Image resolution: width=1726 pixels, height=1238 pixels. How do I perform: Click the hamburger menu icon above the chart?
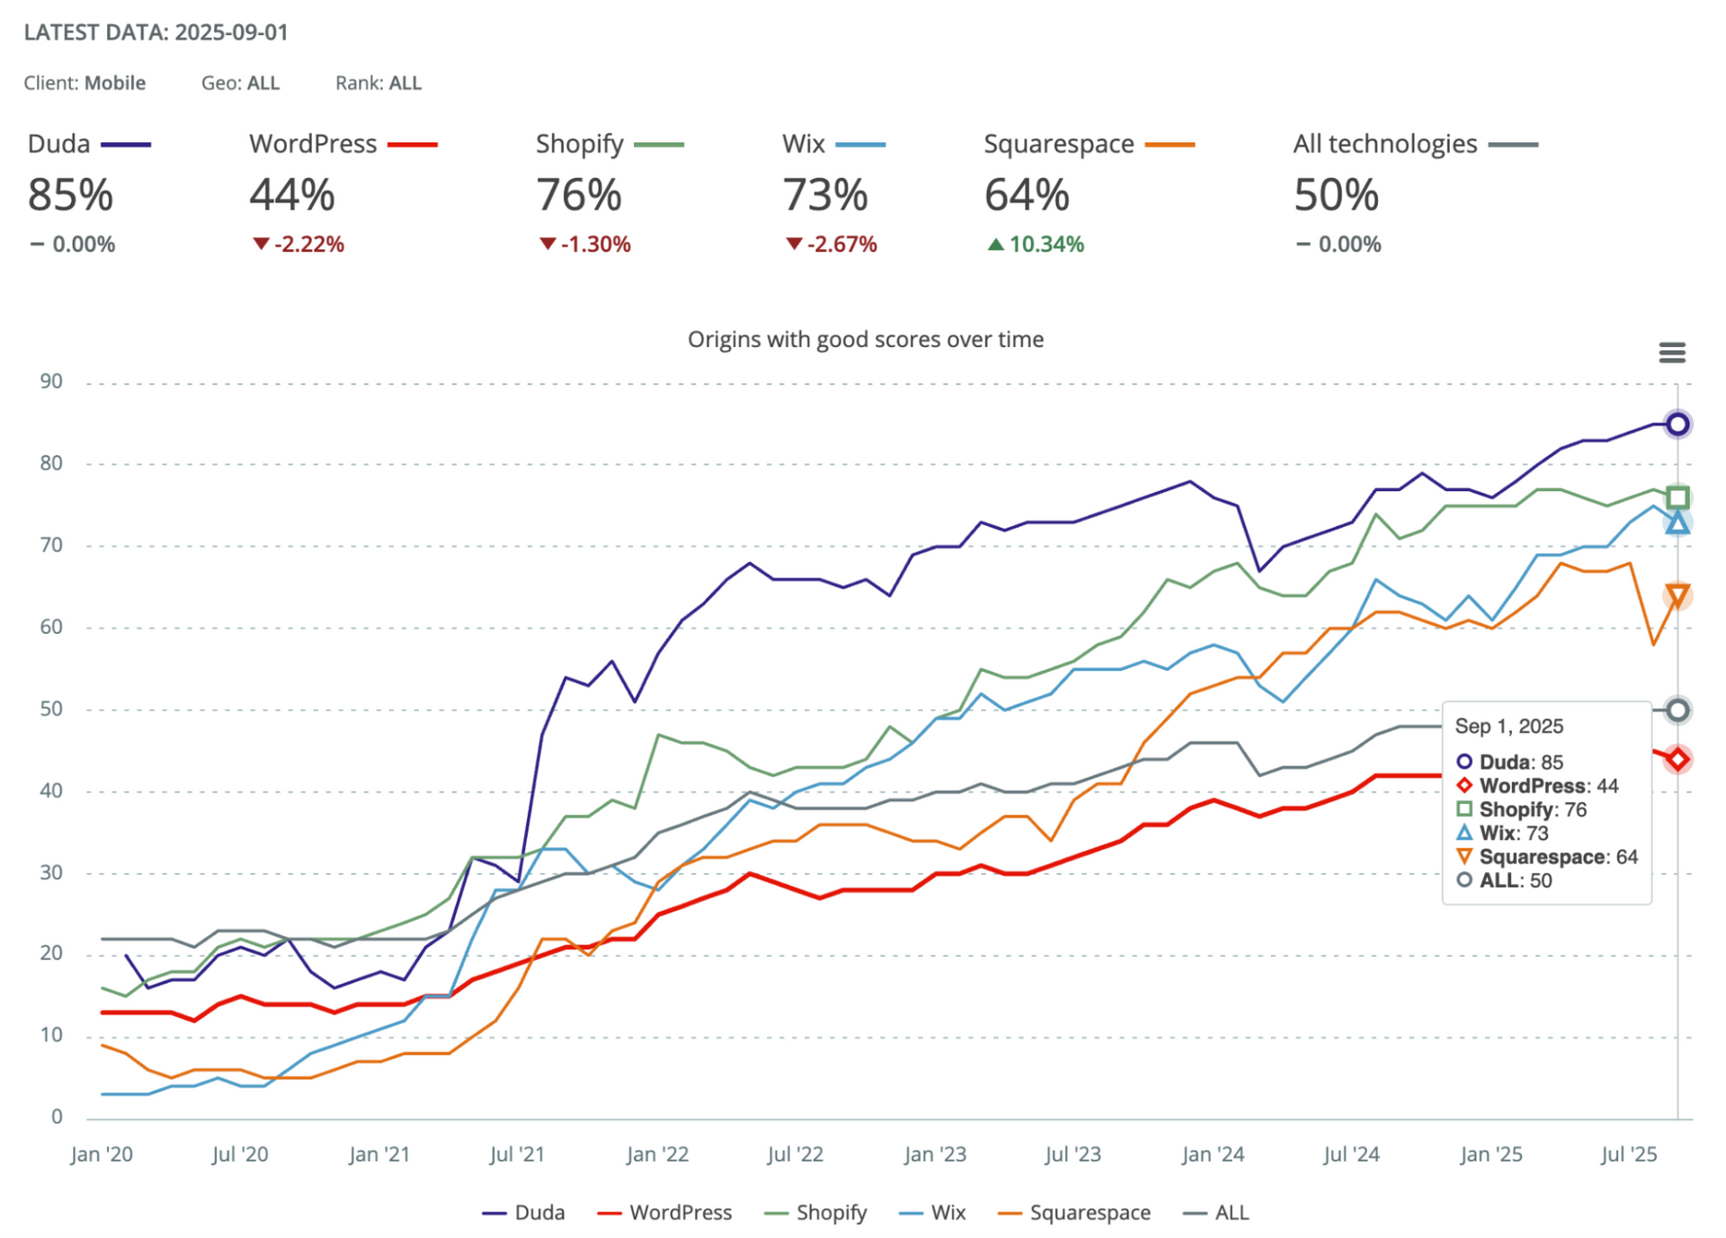coord(1671,352)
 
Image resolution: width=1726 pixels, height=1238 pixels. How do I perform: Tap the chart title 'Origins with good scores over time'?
coord(865,339)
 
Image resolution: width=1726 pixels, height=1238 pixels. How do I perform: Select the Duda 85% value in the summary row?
coord(70,194)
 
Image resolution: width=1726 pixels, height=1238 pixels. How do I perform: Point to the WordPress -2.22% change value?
coord(298,244)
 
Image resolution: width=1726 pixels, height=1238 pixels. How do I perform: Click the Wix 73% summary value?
coord(824,194)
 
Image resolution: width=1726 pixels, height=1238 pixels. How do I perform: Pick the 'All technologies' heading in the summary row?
coord(1384,144)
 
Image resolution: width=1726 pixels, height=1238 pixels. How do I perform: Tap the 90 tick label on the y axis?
coord(51,381)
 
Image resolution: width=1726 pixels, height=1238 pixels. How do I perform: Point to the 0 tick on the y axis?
coord(57,1117)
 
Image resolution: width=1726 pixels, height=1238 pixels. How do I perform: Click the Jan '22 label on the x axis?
coord(657,1154)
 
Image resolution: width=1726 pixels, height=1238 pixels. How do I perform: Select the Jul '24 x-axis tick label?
coord(1350,1154)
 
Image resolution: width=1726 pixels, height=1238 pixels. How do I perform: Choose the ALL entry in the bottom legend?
coord(1217,1212)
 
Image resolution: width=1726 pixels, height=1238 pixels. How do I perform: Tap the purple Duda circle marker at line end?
coord(1677,424)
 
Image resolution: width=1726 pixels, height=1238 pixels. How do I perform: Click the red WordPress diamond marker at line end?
coord(1677,759)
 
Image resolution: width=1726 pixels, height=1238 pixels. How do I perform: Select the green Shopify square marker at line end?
coord(1677,497)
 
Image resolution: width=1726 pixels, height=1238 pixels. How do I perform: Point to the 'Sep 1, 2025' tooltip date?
coord(1508,726)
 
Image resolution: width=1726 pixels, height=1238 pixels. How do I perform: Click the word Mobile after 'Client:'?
coord(115,83)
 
